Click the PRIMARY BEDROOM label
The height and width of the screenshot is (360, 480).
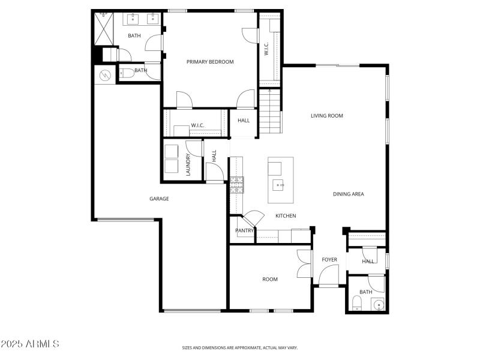210,62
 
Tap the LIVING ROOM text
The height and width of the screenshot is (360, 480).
326,116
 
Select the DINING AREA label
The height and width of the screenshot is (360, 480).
349,194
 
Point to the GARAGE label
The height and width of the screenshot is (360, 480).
159,199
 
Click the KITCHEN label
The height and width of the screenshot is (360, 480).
286,216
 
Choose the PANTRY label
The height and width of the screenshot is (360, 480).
244,230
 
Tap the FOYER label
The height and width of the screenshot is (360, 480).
329,260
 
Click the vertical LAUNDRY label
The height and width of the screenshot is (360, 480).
188,164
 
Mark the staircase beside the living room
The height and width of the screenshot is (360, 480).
270,110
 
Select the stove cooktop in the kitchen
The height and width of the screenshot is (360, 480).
236,184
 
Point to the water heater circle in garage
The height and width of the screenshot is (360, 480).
106,75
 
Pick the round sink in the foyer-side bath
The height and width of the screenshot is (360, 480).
378,305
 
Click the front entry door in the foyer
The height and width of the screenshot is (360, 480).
329,277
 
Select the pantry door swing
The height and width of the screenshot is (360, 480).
252,217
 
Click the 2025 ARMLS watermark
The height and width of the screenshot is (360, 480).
30,344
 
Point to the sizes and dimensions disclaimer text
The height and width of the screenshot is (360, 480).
240,347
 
